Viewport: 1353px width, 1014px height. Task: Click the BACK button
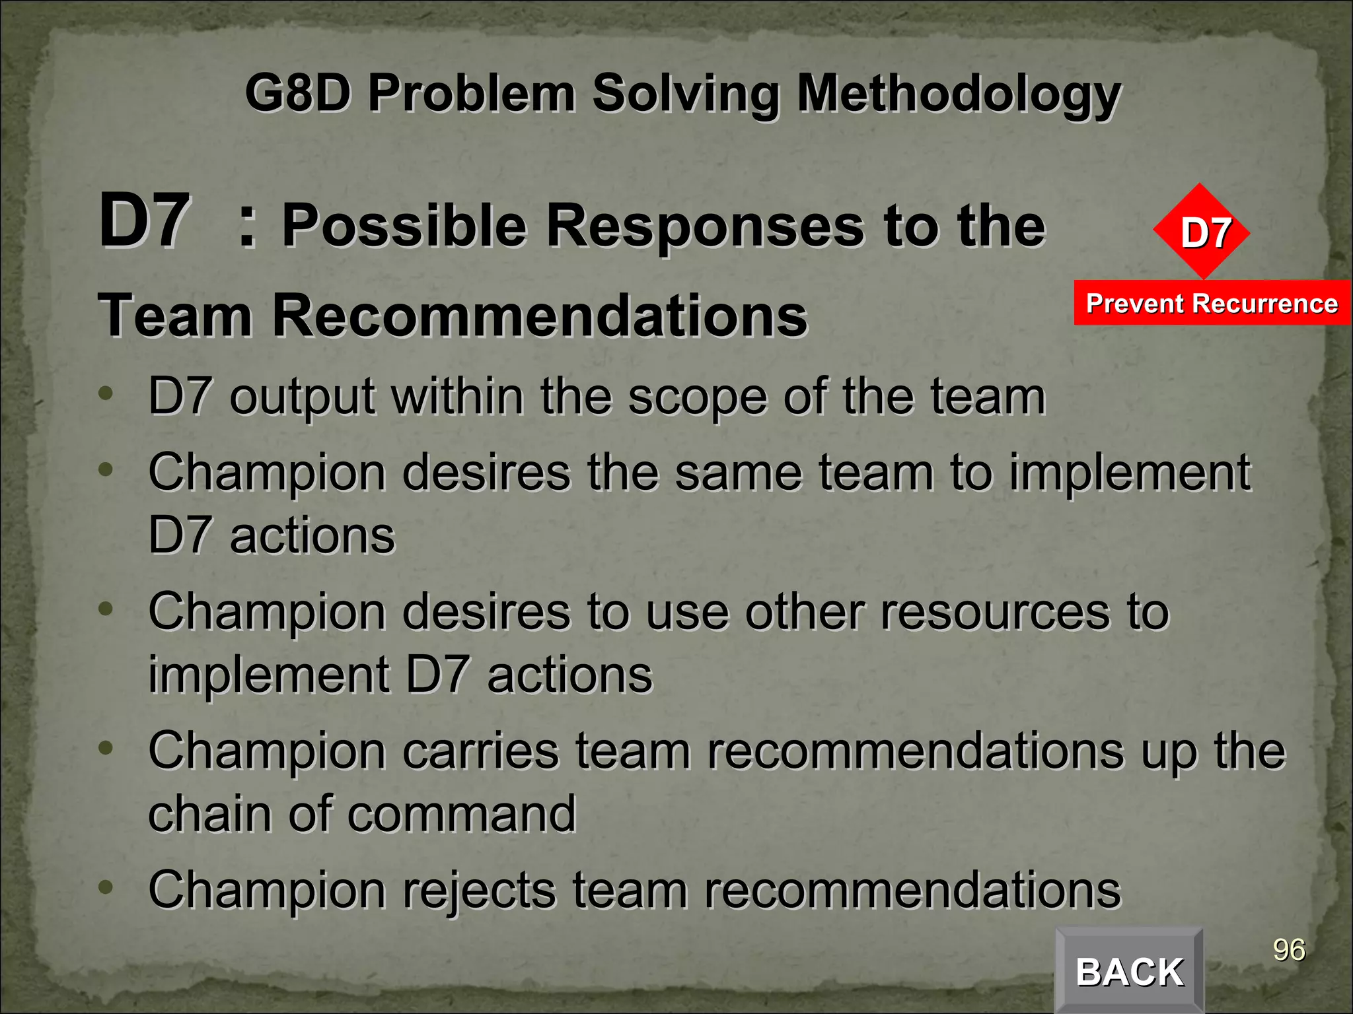1129,971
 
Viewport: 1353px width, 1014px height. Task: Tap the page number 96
1289,950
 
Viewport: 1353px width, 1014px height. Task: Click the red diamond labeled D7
1202,232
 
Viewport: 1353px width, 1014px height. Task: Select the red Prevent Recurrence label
1212,303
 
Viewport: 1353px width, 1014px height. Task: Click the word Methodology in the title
958,94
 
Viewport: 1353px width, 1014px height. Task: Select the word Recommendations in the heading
539,316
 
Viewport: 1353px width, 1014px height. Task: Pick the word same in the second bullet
739,473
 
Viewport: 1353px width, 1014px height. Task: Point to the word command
462,814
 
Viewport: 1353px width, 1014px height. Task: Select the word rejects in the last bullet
479,890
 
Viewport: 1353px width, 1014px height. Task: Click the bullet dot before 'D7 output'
106,393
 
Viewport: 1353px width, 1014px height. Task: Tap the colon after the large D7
247,226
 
